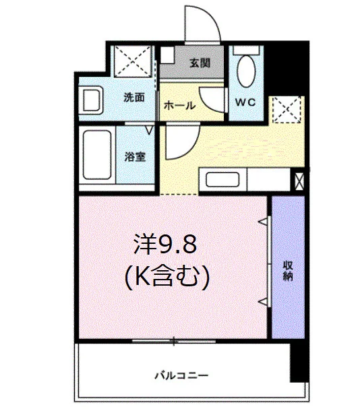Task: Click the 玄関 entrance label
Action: coord(200,63)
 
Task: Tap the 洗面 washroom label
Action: coord(134,98)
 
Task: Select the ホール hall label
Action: coord(179,106)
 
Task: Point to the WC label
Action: coord(245,102)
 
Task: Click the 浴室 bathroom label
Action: coord(135,157)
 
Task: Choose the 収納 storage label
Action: coord(288,271)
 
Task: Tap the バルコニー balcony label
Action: coord(181,375)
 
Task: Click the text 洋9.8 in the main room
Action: coord(165,244)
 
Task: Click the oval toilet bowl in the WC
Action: coord(246,71)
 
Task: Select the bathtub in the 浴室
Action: coord(97,155)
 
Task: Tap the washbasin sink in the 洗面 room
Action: coord(91,100)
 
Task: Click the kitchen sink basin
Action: coord(222,179)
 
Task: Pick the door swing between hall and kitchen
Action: coord(189,151)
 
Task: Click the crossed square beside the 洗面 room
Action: coord(133,61)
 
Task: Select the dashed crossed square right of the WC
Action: coord(287,110)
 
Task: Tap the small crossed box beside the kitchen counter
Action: coord(299,181)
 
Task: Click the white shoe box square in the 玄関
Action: coord(167,55)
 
